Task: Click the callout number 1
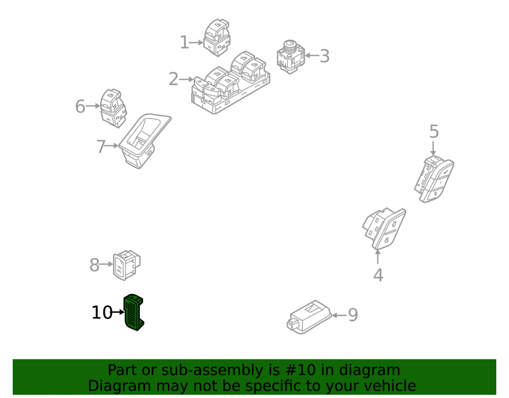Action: coord(184,43)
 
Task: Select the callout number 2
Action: coord(174,79)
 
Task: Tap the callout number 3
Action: coord(325,56)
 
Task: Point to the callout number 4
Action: coord(378,275)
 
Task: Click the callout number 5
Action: coord(434,131)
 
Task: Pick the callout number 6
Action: coord(80,107)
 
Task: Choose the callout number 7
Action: coord(101,147)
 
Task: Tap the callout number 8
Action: coord(95,265)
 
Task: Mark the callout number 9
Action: coord(353,315)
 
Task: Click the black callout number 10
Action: coord(102,312)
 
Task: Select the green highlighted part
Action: coord(134,312)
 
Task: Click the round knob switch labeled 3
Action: coord(291,57)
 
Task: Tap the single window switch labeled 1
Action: coord(217,37)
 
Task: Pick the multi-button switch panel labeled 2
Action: coord(231,83)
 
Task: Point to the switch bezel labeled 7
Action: coord(145,141)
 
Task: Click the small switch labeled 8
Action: coord(127,265)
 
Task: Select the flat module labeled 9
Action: coord(309,317)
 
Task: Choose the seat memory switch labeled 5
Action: coord(434,179)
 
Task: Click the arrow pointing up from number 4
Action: coord(378,257)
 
